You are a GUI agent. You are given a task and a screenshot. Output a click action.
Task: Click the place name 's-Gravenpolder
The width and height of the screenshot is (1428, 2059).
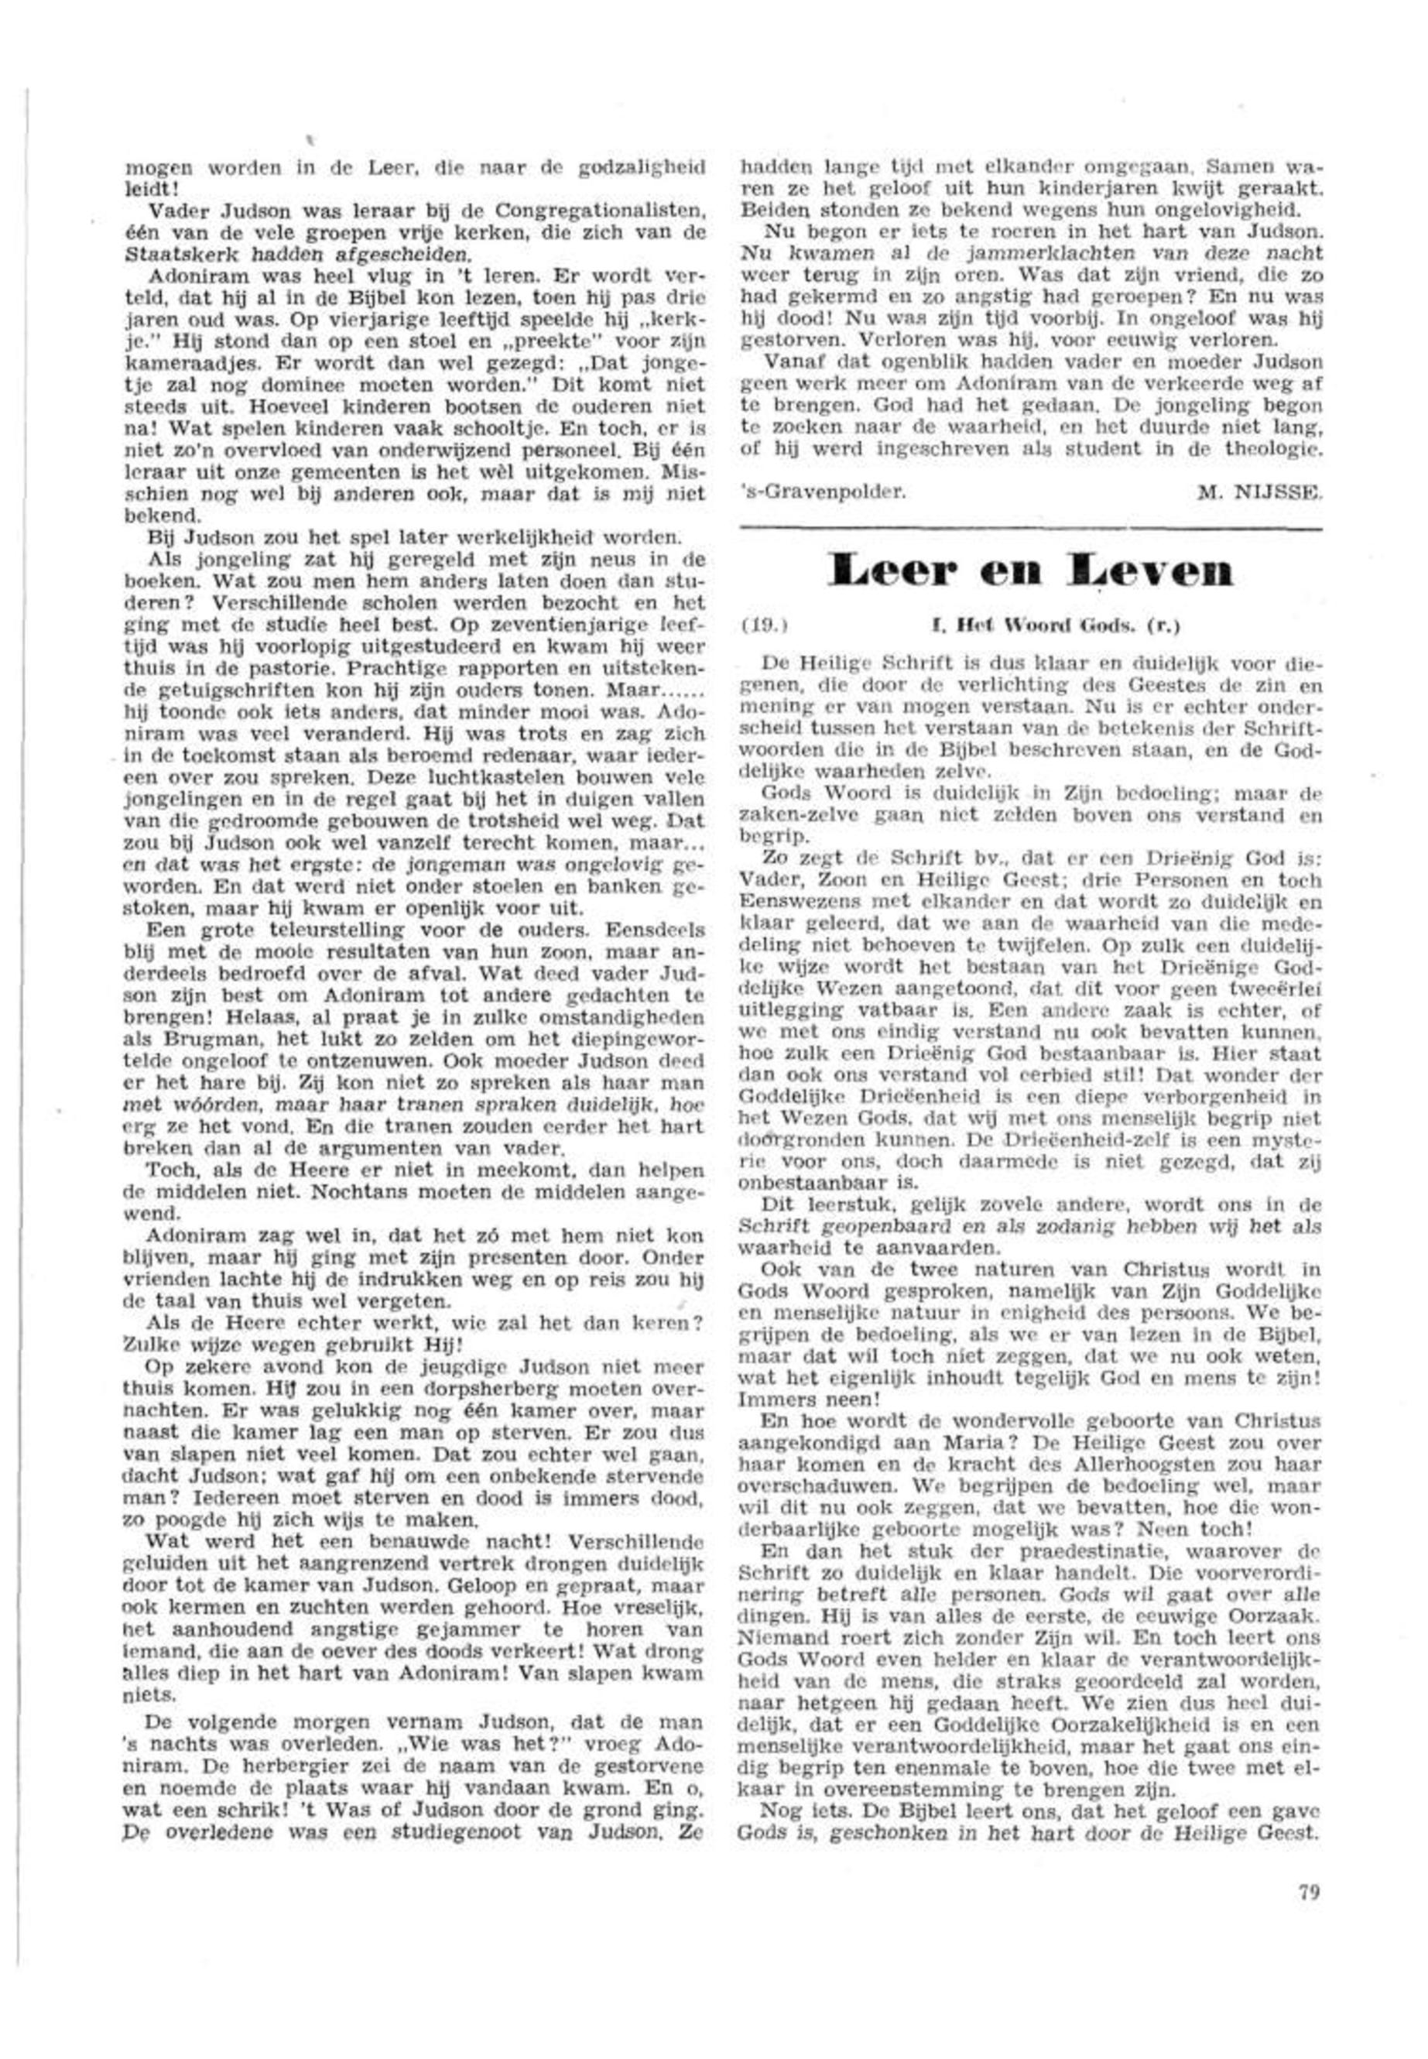click(x=817, y=490)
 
